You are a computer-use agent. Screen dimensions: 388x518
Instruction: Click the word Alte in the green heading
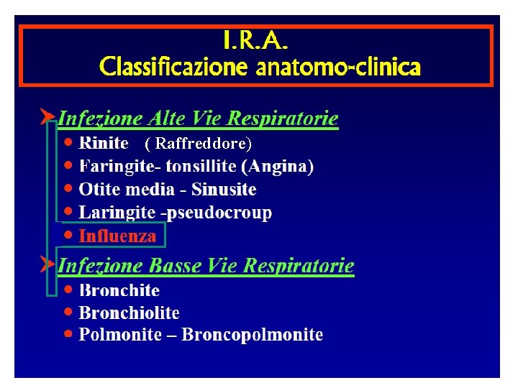click(170, 118)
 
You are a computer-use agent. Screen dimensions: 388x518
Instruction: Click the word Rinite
click(104, 144)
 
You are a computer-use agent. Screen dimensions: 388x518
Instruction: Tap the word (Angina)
click(278, 167)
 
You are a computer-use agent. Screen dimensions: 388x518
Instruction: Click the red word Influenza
click(117, 236)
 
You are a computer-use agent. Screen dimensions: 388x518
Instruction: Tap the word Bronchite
click(119, 290)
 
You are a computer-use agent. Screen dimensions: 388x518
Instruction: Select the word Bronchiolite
click(129, 313)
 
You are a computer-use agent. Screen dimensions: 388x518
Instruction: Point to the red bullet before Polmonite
click(68, 333)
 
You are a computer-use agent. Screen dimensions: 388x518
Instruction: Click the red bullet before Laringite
click(68, 212)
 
